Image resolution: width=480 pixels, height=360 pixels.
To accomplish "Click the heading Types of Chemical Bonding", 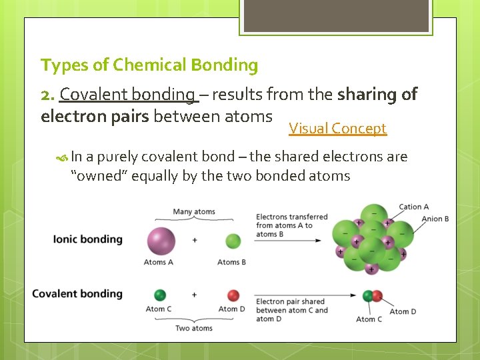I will point(149,65).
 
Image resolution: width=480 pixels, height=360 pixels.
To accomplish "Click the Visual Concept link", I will point(337,129).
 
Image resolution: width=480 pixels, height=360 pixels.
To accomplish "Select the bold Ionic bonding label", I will point(87,239).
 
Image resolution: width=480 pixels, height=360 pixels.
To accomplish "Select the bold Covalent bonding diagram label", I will point(77,293).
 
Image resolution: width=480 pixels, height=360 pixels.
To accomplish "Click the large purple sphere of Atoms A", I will point(160,241).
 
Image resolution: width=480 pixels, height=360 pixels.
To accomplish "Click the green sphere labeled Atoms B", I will point(233,241).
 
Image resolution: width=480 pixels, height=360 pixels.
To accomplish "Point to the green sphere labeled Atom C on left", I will point(160,295).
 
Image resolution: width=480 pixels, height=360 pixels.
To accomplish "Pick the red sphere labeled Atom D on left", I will point(233,295).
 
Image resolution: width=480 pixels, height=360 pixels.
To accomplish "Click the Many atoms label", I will point(194,212).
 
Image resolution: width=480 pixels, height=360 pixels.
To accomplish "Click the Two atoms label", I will point(194,328).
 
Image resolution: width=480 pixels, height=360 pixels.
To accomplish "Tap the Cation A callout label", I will point(413,207).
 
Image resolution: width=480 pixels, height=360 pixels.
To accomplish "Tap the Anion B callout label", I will point(435,219).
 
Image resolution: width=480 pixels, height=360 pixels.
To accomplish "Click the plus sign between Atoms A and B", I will point(195,240).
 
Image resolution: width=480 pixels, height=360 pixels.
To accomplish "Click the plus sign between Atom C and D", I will point(195,295).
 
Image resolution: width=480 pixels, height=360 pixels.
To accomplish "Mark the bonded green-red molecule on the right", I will point(373,296).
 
